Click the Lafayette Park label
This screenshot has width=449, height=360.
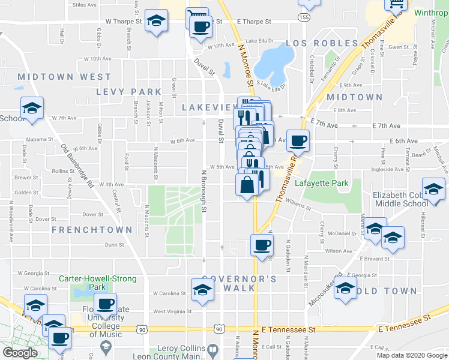318,183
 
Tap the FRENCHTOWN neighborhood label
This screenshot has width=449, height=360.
92,230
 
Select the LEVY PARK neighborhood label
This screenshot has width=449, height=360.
128,92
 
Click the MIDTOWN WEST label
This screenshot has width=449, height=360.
65,77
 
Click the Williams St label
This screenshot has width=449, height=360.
298,206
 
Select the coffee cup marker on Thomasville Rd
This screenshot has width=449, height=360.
298,141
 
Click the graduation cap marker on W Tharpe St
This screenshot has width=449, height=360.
157,22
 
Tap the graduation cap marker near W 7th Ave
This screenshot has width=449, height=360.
32,109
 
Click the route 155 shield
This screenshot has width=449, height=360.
307,18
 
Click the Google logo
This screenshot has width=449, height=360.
20,353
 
